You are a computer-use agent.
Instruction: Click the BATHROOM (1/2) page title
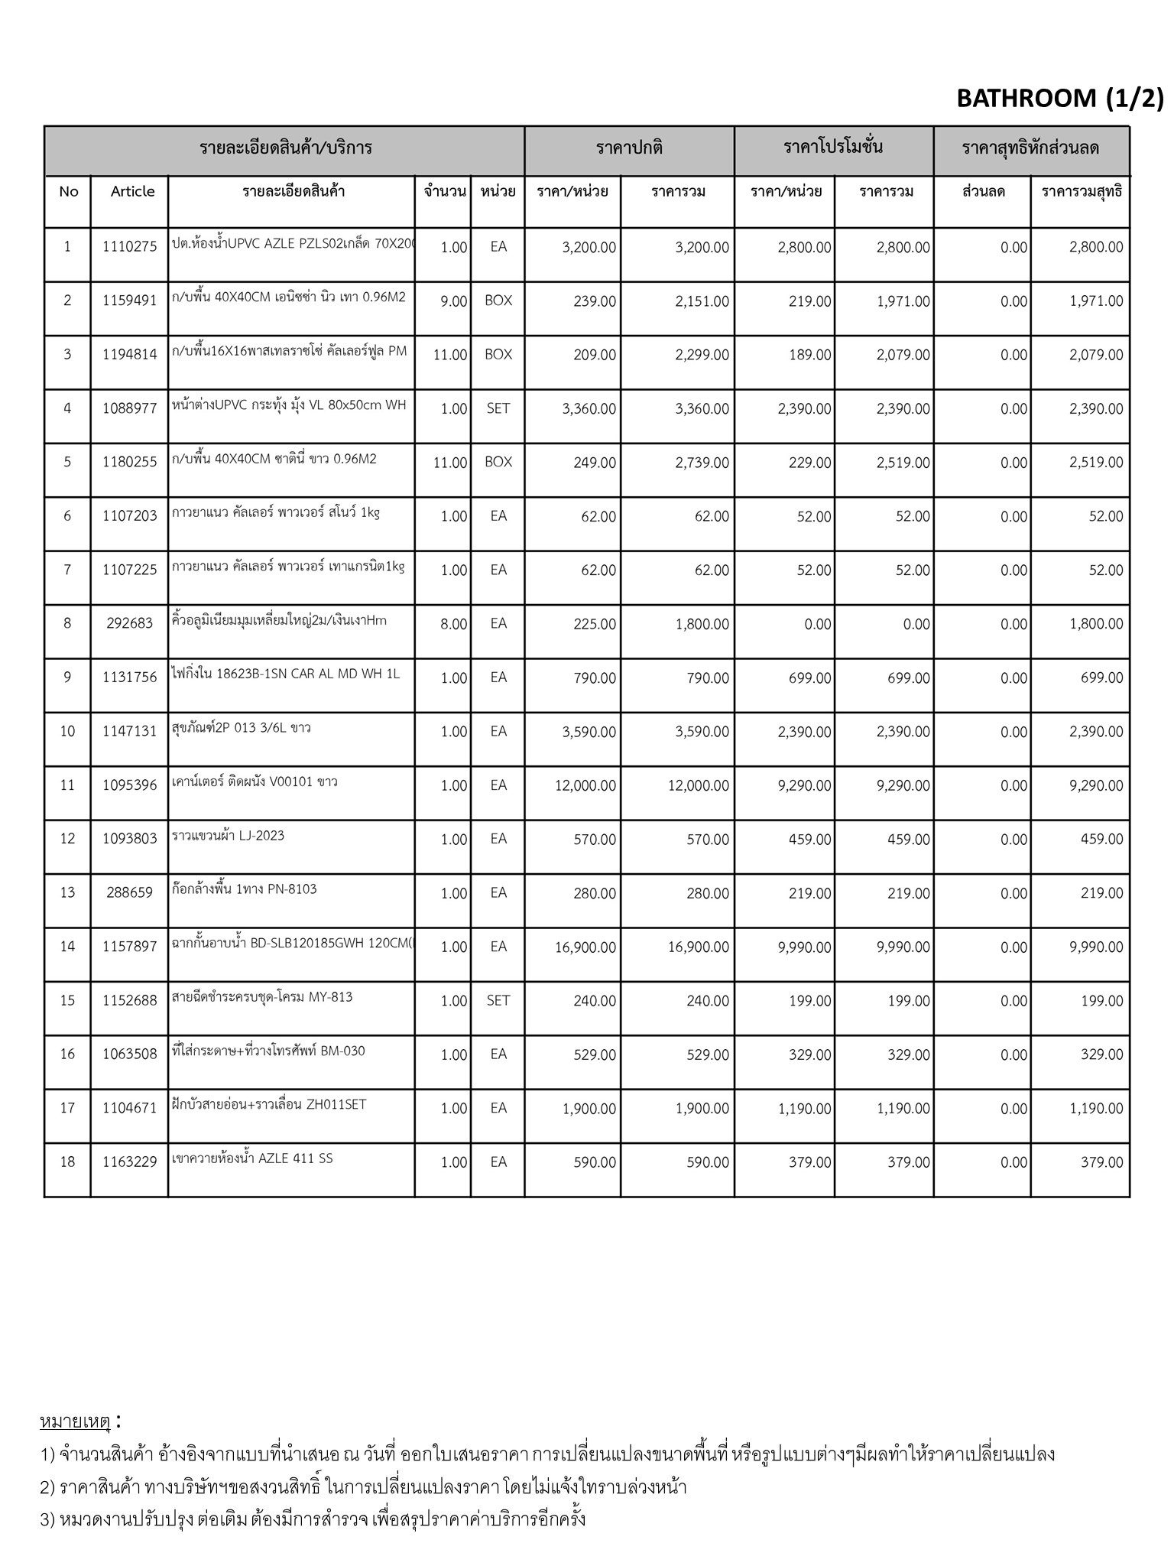[1059, 98]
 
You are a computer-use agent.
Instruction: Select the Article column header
[132, 191]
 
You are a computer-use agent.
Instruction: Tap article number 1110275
[130, 246]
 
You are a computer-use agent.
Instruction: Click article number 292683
[130, 623]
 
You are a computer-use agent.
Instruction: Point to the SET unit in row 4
[498, 408]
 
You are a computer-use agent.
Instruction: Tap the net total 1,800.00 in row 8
[1095, 624]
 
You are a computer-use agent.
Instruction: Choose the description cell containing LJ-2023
[229, 836]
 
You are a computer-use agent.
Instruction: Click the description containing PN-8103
[245, 889]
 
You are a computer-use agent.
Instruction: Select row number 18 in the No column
[67, 1162]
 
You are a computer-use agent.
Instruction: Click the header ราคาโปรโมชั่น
[833, 148]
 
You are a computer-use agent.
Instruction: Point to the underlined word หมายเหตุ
[75, 1422]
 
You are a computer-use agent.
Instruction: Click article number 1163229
[130, 1162]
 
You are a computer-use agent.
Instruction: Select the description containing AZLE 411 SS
[252, 1158]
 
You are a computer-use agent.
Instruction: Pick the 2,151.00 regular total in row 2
[702, 301]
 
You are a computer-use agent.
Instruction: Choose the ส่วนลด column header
[983, 191]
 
